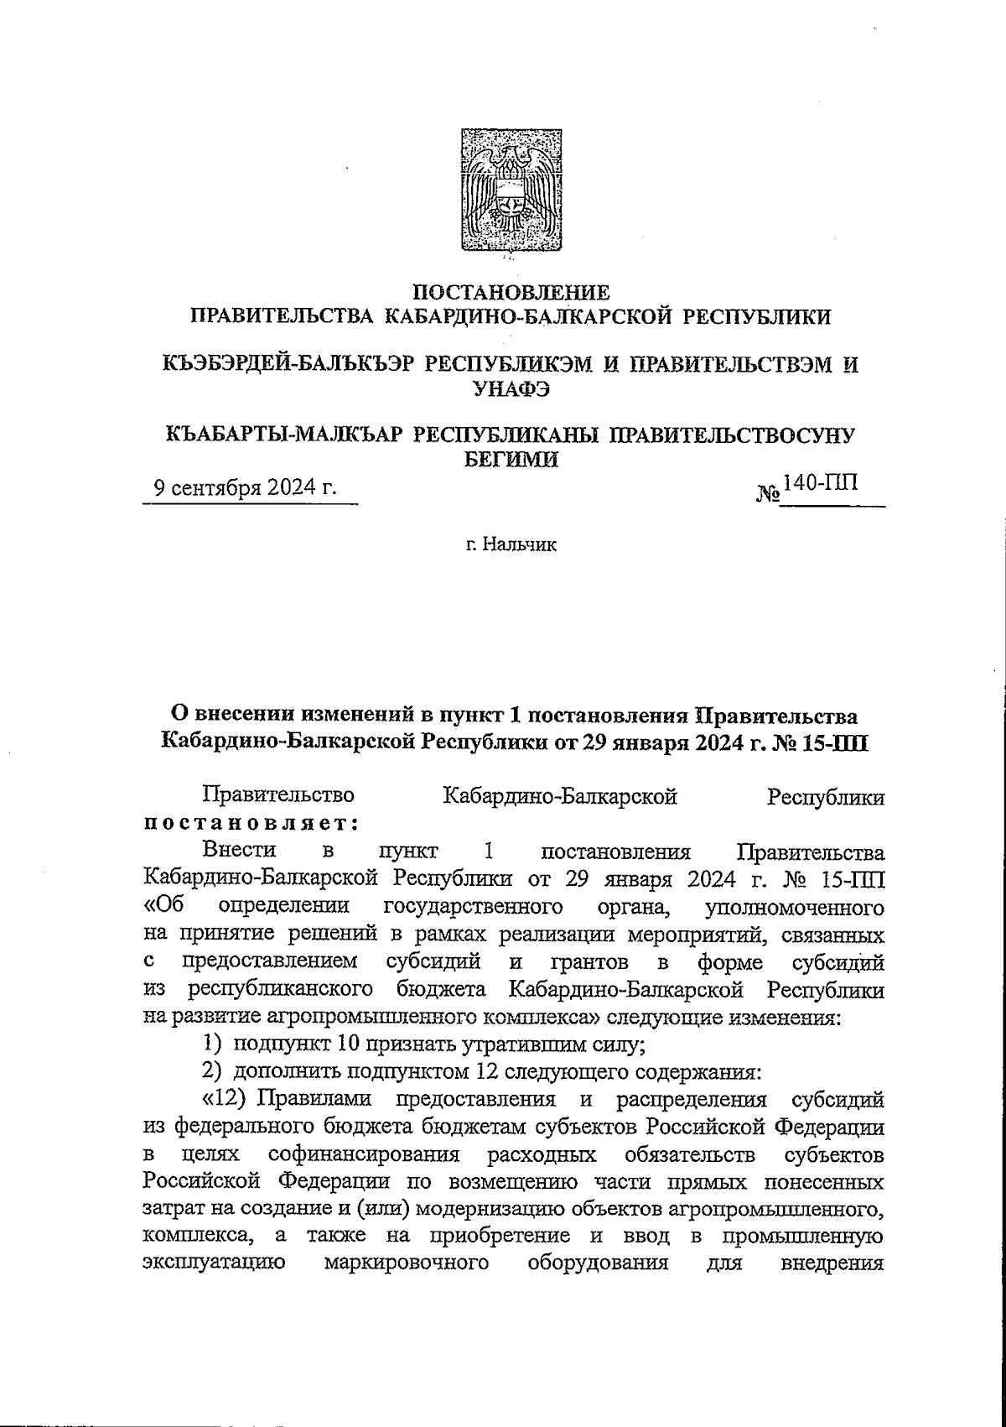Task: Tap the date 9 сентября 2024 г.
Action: coord(244,488)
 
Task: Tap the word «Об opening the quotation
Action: coord(164,907)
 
